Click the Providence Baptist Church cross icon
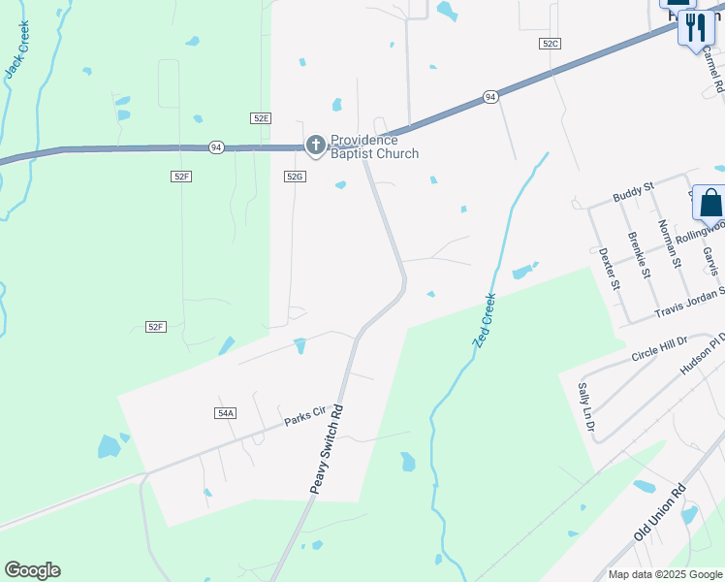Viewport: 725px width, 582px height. tap(315, 145)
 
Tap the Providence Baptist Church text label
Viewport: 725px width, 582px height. tap(375, 146)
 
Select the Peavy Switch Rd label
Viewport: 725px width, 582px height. tap(327, 449)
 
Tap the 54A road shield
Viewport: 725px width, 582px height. tap(225, 412)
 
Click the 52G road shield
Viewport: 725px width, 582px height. tap(296, 177)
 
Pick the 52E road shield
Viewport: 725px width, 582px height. tap(260, 117)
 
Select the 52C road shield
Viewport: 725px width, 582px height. tap(551, 44)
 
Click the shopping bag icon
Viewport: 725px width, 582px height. tap(710, 203)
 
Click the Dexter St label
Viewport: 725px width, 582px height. tap(608, 270)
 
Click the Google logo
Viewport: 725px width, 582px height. tap(32, 570)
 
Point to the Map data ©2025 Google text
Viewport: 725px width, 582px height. tap(665, 574)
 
